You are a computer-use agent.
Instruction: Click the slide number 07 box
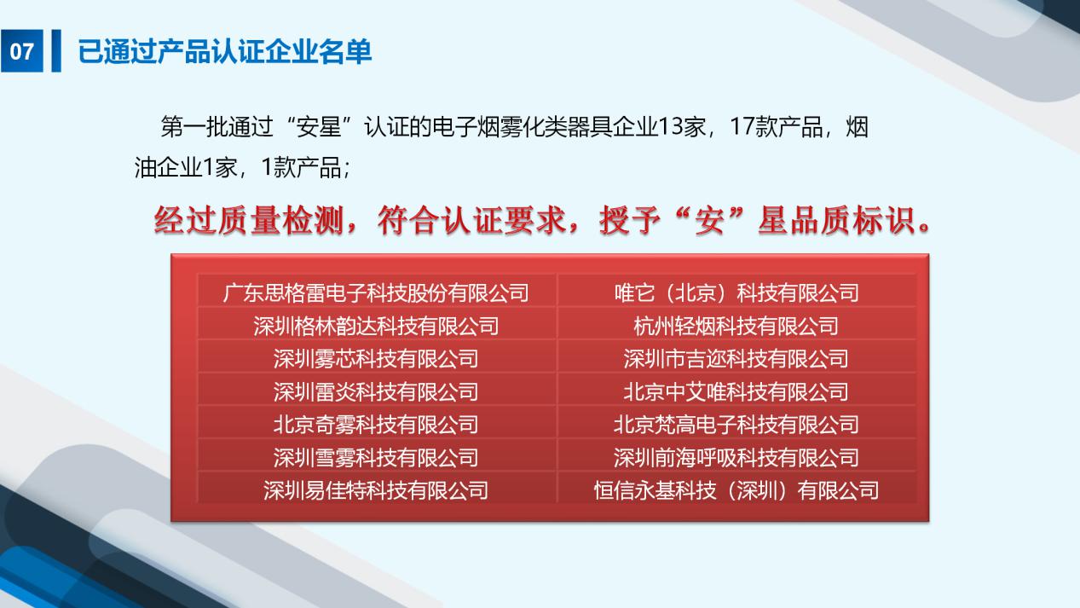tap(21, 50)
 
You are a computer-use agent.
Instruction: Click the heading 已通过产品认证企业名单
tap(225, 51)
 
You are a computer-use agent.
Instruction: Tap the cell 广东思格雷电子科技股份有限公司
tap(376, 292)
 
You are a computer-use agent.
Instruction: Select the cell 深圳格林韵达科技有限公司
tap(376, 326)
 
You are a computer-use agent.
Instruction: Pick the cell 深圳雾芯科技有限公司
tap(376, 359)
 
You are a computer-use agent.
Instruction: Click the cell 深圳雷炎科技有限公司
tap(376, 391)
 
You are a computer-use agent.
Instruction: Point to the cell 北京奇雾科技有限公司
tap(376, 425)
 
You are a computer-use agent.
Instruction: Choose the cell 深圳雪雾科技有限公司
tap(376, 458)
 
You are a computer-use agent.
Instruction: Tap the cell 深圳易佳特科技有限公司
tap(376, 490)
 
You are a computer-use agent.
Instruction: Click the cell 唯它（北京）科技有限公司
tap(736, 292)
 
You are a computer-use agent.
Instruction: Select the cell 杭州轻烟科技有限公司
tap(736, 326)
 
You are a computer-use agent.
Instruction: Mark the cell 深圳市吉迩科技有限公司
tap(736, 359)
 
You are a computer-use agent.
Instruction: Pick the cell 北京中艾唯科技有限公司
tap(736, 391)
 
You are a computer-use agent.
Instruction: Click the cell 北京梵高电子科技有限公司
tap(736, 425)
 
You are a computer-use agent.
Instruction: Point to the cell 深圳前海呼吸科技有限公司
tap(736, 458)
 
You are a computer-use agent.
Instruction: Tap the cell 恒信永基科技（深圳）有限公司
tap(736, 490)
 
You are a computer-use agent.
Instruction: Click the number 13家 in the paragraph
tap(682, 127)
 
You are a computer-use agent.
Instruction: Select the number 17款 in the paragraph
tap(753, 127)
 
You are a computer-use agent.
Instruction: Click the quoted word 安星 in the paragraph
tap(319, 127)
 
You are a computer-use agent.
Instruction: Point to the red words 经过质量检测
tap(249, 220)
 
